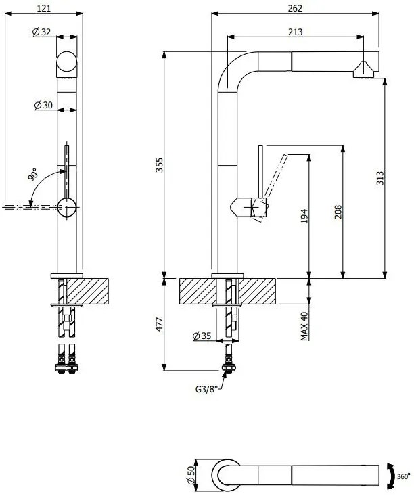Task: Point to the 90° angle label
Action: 33,174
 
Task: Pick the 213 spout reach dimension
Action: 294,32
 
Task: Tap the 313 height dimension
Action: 380,177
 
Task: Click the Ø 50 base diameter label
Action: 191,476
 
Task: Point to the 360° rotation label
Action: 403,476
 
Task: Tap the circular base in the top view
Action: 226,476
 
